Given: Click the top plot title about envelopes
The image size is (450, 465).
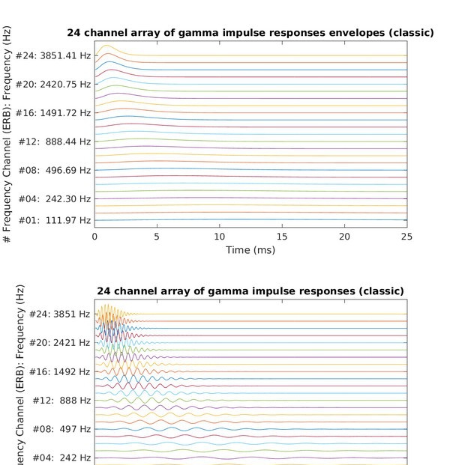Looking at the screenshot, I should [x=250, y=33].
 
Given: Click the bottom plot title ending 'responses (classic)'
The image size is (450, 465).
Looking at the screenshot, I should [x=250, y=291].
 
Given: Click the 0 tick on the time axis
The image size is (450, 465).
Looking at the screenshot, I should [x=94, y=236].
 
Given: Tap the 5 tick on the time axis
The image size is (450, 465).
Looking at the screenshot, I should [x=157, y=236].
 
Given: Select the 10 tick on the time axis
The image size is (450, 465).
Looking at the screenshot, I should [x=219, y=236].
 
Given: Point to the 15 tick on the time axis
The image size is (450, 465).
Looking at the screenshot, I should [x=282, y=236].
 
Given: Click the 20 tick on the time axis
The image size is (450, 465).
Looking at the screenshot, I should [x=344, y=236].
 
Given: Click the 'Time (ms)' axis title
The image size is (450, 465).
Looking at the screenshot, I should [x=250, y=249].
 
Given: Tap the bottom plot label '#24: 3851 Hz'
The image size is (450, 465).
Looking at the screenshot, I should [x=60, y=314].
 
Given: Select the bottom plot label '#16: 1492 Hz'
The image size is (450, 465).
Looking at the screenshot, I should [x=60, y=371].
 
